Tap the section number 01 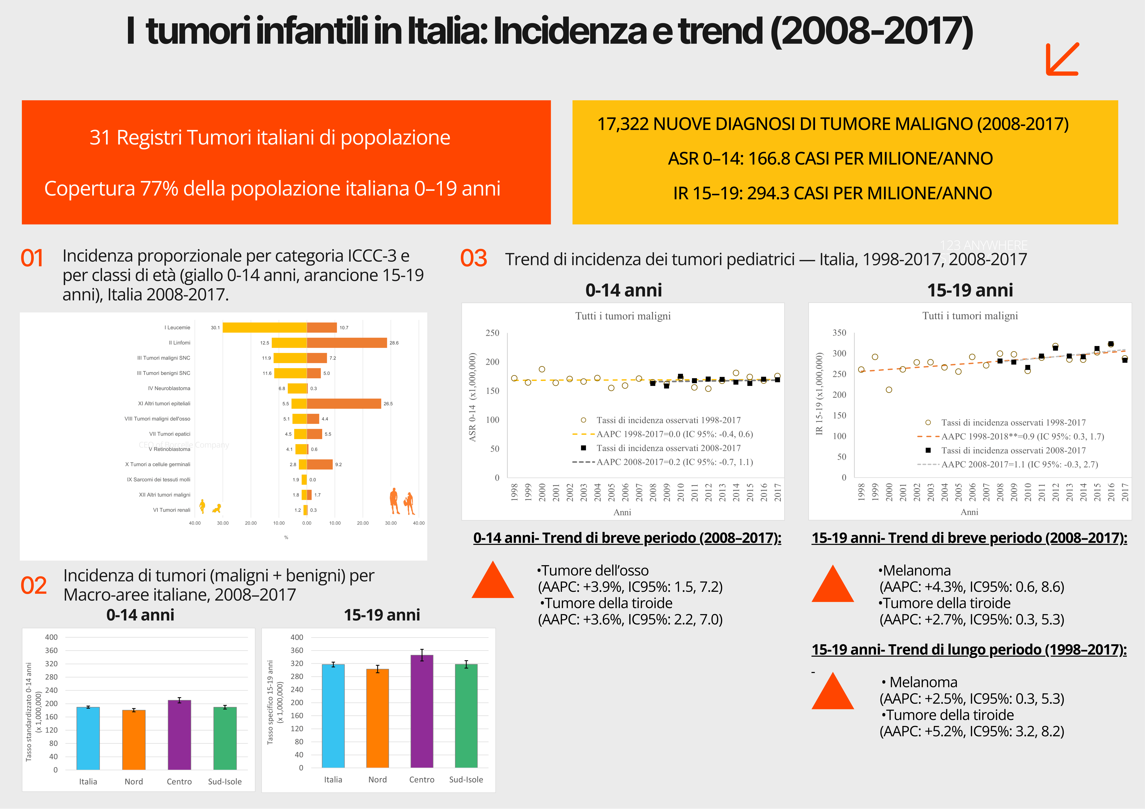tap(32, 258)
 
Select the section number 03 tap(473, 258)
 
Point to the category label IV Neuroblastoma tap(169, 388)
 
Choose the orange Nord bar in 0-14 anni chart tap(134, 740)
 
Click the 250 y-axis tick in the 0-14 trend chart tap(492, 333)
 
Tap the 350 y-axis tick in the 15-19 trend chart tap(839, 333)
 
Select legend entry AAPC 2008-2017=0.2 tap(674, 462)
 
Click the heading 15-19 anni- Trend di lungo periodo tap(968, 650)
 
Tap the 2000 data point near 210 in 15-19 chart tap(889, 390)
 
